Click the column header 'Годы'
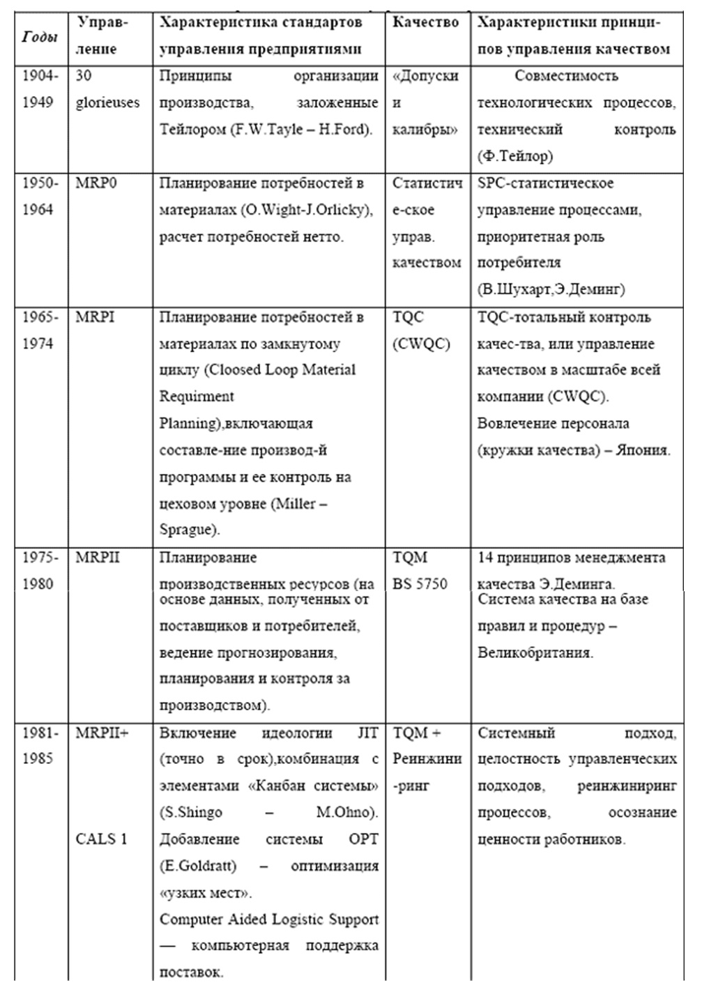pos(39,36)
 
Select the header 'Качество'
pos(425,22)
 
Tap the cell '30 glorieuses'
pos(107,89)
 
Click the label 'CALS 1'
pos(102,839)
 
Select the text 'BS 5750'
pos(420,584)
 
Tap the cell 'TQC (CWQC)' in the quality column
pos(421,330)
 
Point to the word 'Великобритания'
pos(534,653)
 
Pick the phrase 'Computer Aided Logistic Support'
pos(268,919)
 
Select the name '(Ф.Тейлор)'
pos(514,156)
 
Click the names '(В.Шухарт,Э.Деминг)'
pos(551,289)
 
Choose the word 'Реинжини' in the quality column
pos(427,759)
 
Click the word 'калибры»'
pos(424,130)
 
